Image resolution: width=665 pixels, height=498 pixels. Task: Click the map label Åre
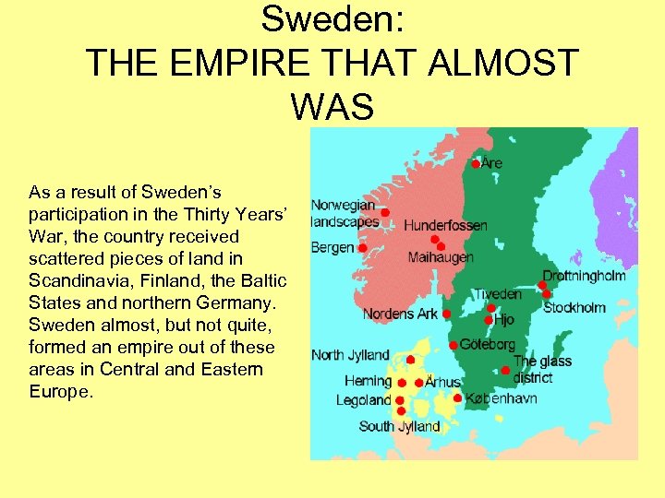[492, 163]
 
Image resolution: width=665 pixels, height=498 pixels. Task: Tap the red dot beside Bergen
[363, 248]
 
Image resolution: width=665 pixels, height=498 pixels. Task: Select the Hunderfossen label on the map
[446, 225]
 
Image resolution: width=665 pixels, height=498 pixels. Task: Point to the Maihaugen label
[441, 257]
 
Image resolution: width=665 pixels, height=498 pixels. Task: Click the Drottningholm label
[584, 276]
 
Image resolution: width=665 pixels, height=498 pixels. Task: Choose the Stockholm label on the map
[574, 307]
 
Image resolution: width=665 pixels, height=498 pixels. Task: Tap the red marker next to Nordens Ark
[447, 314]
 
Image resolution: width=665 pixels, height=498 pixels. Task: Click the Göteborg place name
[488, 344]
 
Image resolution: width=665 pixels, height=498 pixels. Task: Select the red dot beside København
[458, 398]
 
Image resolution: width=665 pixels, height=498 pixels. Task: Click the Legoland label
[364, 400]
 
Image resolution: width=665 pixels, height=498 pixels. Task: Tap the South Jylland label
[399, 426]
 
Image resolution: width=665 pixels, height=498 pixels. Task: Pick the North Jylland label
[350, 355]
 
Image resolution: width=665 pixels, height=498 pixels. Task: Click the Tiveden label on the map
[498, 294]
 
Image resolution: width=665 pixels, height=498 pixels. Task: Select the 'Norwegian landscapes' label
[344, 213]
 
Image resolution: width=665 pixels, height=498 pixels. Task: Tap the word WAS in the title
[332, 106]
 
